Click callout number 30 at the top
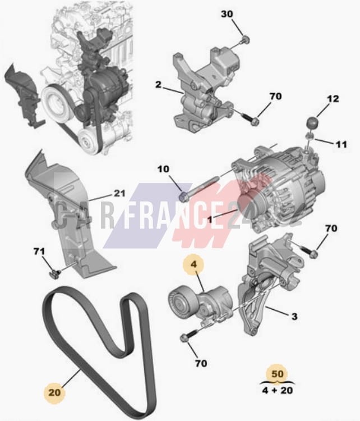(227, 14)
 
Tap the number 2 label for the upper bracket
(159, 85)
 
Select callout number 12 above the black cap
(333, 99)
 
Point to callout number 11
(341, 145)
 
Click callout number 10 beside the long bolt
(163, 169)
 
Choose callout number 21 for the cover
(119, 193)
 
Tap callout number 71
(39, 251)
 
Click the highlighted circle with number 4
(193, 264)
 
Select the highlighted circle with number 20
(54, 393)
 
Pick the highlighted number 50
(278, 374)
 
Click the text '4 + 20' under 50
(278, 390)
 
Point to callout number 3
(294, 316)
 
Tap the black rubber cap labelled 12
(312, 123)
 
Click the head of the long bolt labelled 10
(183, 196)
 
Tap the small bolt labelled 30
(246, 40)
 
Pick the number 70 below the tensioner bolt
(201, 364)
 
